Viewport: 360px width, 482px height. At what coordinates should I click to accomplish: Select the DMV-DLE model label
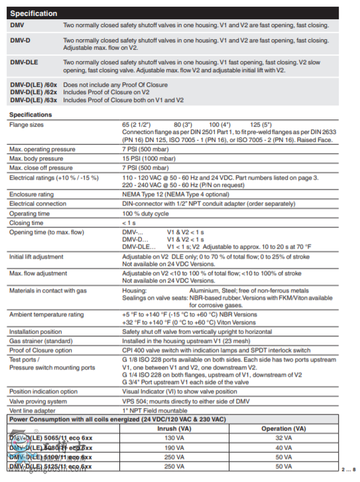25,62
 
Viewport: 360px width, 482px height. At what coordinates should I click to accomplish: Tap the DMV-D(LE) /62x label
34,93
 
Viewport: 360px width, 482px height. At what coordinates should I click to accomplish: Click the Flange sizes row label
27,124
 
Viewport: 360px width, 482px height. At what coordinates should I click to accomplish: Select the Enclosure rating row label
31,194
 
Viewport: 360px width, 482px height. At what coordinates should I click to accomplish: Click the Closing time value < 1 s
130,223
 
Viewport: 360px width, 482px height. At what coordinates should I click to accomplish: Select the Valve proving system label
38,400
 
